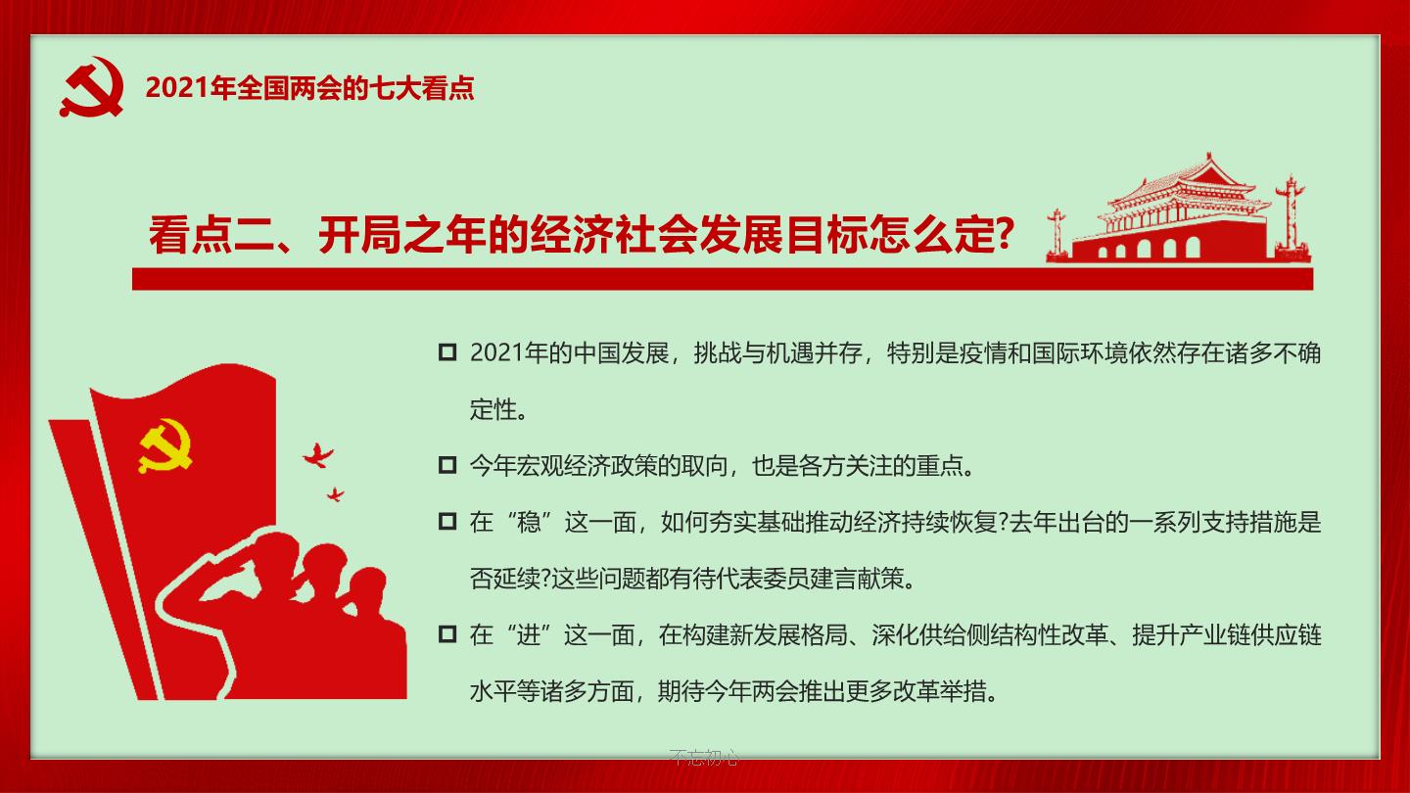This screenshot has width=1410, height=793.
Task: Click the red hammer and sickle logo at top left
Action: point(92,87)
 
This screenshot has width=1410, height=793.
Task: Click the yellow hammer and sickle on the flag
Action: point(164,445)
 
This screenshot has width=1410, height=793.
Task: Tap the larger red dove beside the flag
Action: point(318,455)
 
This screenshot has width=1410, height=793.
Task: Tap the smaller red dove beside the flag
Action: point(336,494)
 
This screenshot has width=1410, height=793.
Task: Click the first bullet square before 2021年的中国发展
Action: point(446,351)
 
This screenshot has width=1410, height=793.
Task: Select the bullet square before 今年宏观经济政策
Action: point(446,465)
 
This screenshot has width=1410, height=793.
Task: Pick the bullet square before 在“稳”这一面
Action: point(446,521)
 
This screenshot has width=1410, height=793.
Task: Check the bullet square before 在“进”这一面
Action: point(446,633)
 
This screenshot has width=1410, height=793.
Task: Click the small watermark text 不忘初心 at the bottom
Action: point(704,757)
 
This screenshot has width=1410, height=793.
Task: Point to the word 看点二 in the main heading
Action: point(211,235)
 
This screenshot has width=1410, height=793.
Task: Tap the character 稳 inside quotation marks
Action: point(529,523)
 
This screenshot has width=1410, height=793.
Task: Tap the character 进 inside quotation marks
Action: point(528,635)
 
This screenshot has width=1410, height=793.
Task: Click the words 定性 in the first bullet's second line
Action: point(493,409)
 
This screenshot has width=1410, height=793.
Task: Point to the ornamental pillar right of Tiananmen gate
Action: point(1291,217)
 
